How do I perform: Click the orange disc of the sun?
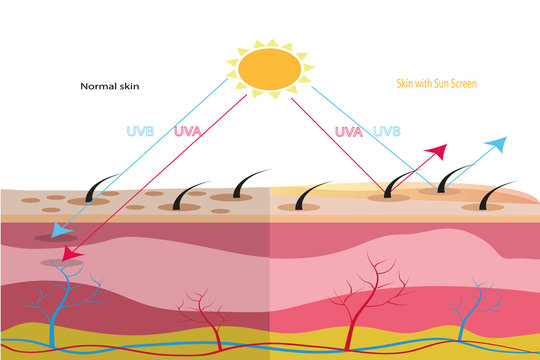coord(269,67)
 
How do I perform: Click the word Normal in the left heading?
coord(95,86)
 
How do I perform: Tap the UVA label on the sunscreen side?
coord(347,131)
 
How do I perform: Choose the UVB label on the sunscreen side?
coord(386,131)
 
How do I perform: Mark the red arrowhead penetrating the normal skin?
coord(70,255)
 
